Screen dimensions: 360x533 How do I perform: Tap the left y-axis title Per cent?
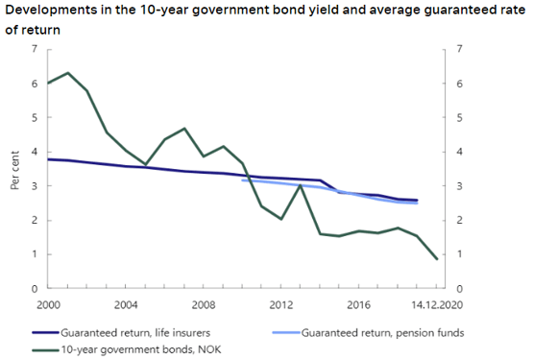15,168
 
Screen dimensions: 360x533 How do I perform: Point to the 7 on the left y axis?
36,49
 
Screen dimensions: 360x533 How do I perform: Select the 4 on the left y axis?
36,152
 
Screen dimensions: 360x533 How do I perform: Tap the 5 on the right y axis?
460,117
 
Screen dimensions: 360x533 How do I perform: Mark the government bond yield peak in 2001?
67,73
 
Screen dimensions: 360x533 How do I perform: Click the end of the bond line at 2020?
437,259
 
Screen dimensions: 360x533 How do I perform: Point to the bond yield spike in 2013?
301,185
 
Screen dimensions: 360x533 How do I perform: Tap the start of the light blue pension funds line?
242,180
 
